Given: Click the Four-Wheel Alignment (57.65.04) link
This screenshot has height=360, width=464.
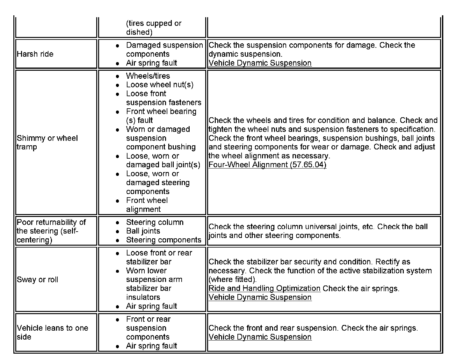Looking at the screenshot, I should point(267,165).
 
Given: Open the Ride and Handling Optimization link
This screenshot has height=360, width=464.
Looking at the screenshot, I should point(264,288).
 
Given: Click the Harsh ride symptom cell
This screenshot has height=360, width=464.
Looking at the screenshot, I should point(35,54).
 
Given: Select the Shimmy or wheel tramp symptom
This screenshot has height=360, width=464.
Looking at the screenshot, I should point(47,142).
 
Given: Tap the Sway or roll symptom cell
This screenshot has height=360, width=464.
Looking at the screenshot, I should point(37,279).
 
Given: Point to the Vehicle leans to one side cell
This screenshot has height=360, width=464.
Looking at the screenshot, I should point(52,332).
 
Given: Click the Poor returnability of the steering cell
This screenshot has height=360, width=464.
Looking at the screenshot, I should point(51,231).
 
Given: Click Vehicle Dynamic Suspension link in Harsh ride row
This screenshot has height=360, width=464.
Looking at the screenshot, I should point(260,63).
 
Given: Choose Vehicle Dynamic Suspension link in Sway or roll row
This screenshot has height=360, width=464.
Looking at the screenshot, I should point(260,297).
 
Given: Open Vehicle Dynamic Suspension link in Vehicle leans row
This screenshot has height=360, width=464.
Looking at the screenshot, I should point(260,337).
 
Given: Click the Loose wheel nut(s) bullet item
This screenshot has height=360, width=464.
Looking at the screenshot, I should point(160,84).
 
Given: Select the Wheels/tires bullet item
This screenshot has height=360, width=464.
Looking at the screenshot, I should point(148,76).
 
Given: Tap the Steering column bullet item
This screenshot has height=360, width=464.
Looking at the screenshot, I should point(155,222).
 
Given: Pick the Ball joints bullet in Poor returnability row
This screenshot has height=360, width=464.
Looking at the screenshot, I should point(143,231).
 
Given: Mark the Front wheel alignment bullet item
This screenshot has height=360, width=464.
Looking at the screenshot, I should point(147,205).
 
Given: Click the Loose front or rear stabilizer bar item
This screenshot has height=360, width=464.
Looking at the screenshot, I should point(159,257).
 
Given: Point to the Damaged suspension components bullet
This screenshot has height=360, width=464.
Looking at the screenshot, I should point(164,49).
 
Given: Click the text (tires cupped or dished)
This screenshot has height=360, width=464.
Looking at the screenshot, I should point(154,28).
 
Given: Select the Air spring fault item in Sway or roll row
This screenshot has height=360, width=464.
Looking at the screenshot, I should point(151,306).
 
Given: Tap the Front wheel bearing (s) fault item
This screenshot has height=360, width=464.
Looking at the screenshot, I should point(161,116).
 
